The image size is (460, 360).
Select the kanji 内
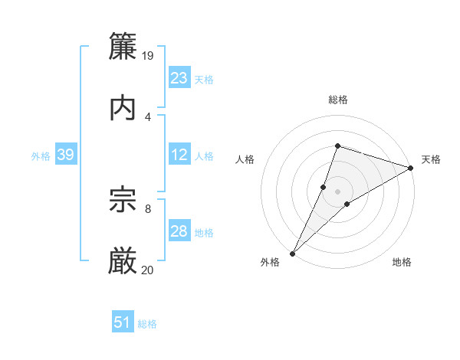123,107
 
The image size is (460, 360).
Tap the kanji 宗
123,200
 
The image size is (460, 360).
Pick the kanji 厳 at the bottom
123,260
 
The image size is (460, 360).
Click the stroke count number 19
149,56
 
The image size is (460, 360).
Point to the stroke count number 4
148,116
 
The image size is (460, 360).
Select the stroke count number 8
148,208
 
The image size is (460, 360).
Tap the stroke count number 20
148,269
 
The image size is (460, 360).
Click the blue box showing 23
179,77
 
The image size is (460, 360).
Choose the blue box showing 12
179,155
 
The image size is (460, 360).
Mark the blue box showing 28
179,231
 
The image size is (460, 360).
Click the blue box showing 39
65,155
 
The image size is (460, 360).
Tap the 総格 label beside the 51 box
147,324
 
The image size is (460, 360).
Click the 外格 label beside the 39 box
41,156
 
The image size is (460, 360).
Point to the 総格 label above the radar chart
338,100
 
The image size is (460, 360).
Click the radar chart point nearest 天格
411,169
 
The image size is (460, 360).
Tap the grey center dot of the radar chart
338,191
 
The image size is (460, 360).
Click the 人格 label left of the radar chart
245,159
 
